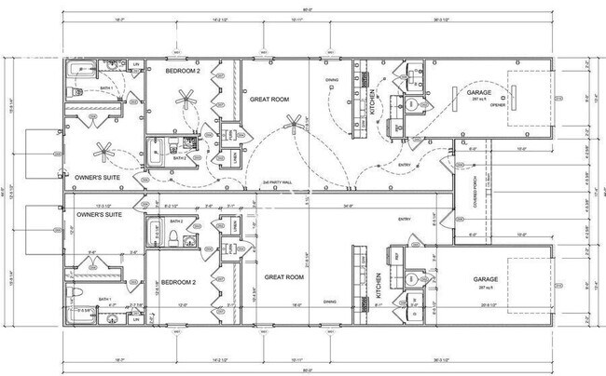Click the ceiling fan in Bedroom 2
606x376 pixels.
pyautogui.click(x=187, y=97)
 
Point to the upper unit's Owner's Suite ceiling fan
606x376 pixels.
pyautogui.click(x=105, y=150)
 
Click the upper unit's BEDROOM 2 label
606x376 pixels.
pyautogui.click(x=183, y=71)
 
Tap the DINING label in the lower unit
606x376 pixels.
pyautogui.click(x=330, y=301)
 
